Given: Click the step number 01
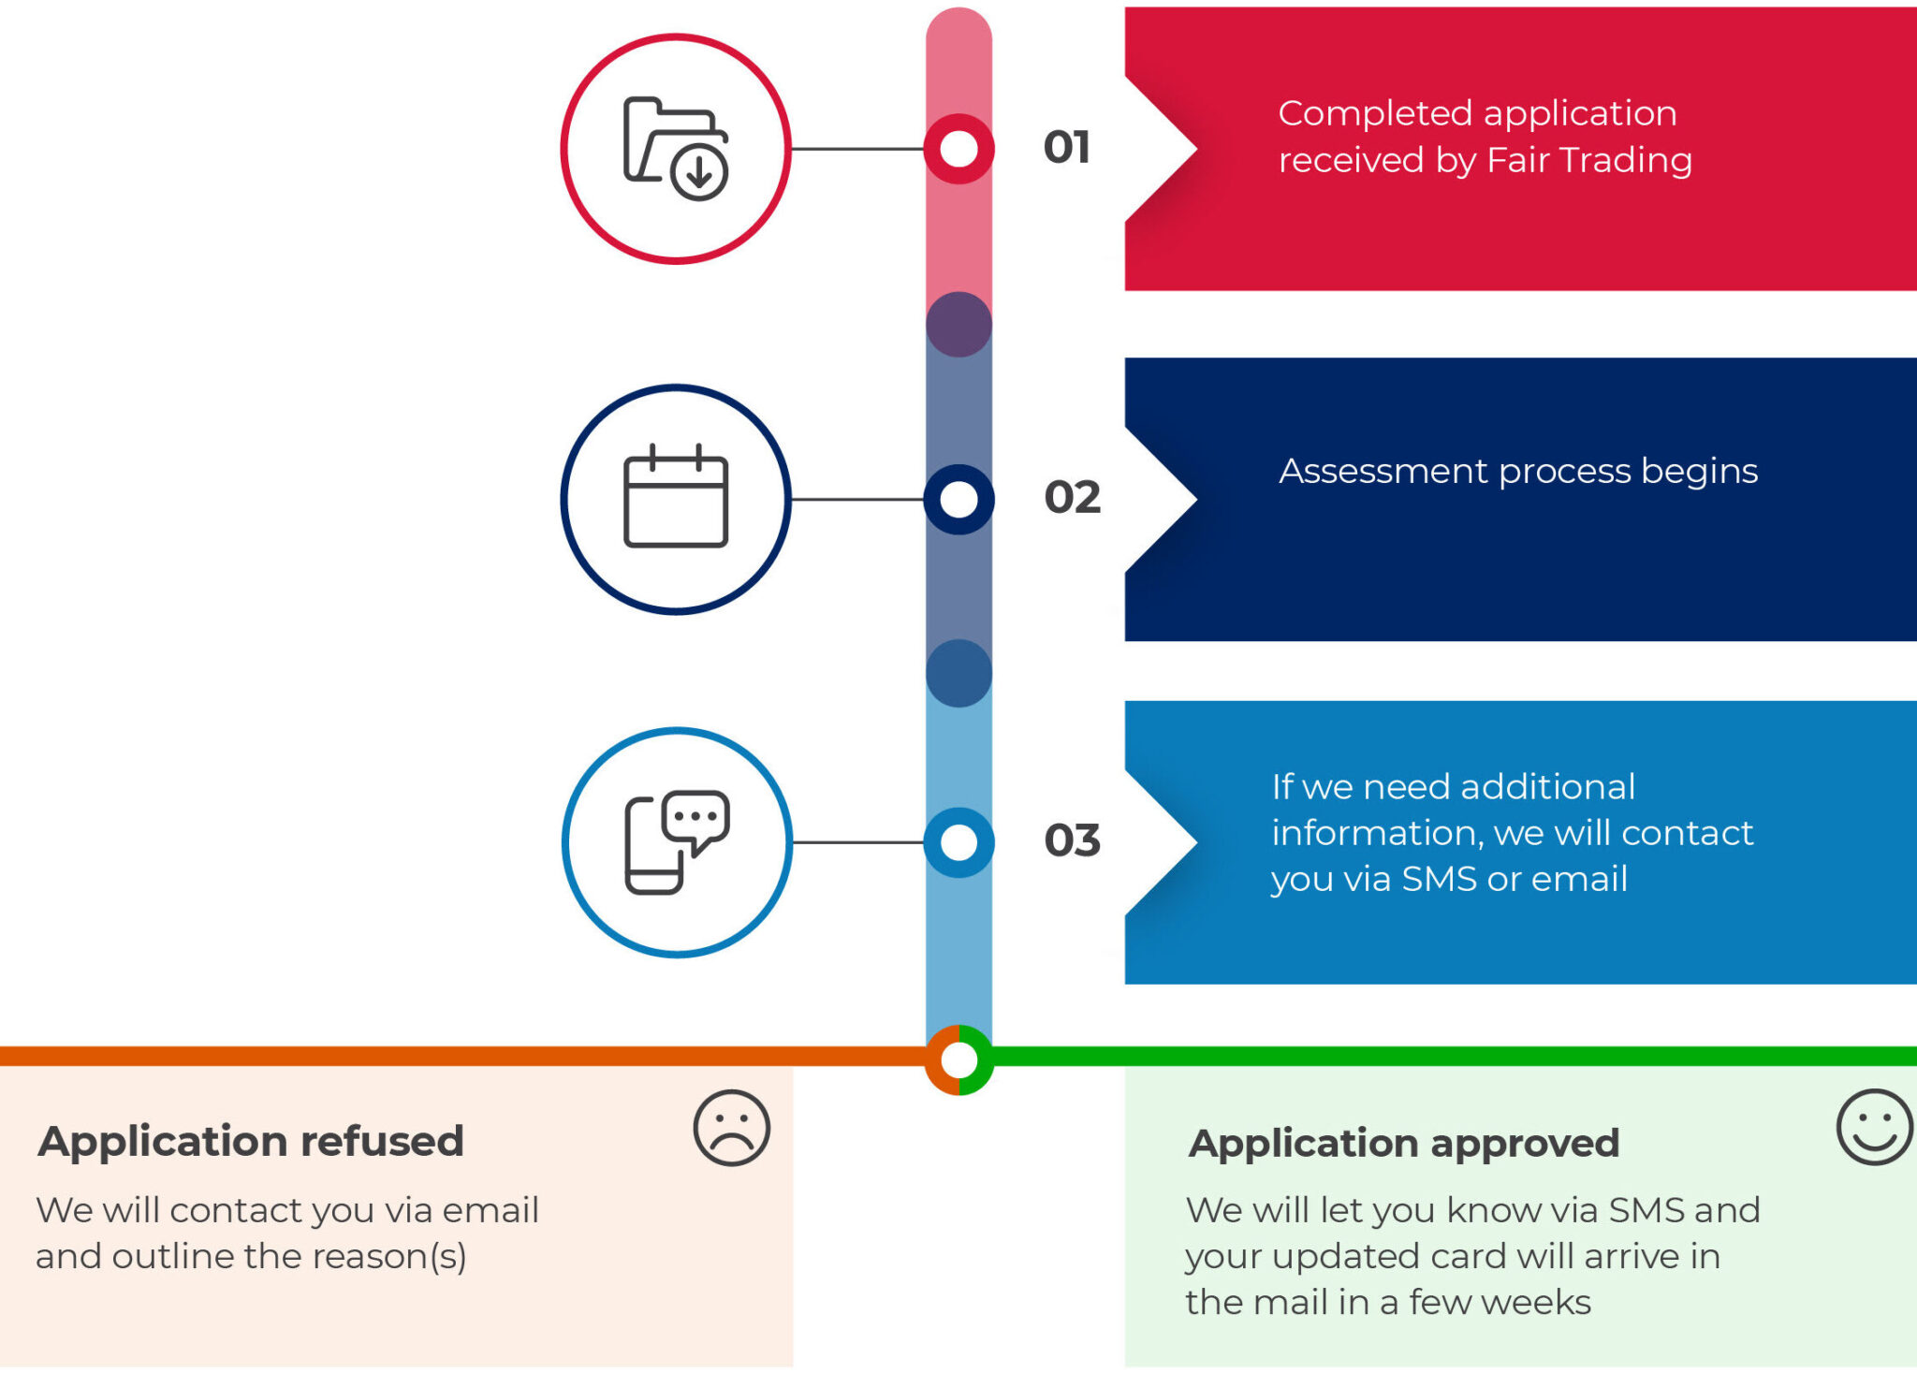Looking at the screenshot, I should pyautogui.click(x=1067, y=148).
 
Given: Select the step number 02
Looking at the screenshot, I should pyautogui.click(x=1072, y=498).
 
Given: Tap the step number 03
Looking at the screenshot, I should pyautogui.click(x=1072, y=840).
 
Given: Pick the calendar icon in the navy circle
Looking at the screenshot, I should pyautogui.click(x=676, y=497).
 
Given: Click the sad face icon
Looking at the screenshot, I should pyautogui.click(x=731, y=1128).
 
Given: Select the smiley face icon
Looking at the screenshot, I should pyautogui.click(x=1874, y=1127).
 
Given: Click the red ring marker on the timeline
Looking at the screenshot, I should pyautogui.click(x=958, y=149).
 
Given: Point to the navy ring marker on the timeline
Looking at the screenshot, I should pyautogui.click(x=958, y=499).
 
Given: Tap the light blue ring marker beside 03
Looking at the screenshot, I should pyautogui.click(x=958, y=842).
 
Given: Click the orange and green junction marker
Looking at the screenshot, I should pyautogui.click(x=958, y=1060).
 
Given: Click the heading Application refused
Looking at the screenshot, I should pyautogui.click(x=251, y=1141).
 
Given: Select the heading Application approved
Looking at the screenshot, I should pyautogui.click(x=1404, y=1143).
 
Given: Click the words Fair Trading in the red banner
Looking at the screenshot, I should pyautogui.click(x=1589, y=160).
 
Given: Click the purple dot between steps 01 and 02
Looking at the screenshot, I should pyautogui.click(x=958, y=325).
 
